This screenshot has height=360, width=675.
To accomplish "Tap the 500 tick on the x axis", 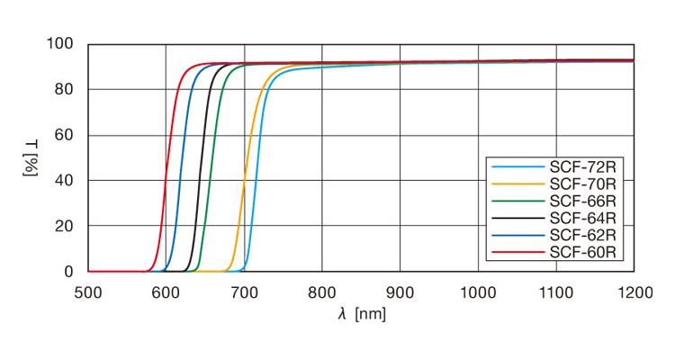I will pyautogui.click(x=87, y=291).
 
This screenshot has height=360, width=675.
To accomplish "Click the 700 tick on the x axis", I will pyautogui.click(x=244, y=291).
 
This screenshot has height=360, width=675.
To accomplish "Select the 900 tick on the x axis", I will pyautogui.click(x=400, y=291).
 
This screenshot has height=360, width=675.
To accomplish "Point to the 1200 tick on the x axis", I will pyautogui.click(x=634, y=291).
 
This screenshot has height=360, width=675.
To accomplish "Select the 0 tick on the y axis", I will pyautogui.click(x=69, y=271).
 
